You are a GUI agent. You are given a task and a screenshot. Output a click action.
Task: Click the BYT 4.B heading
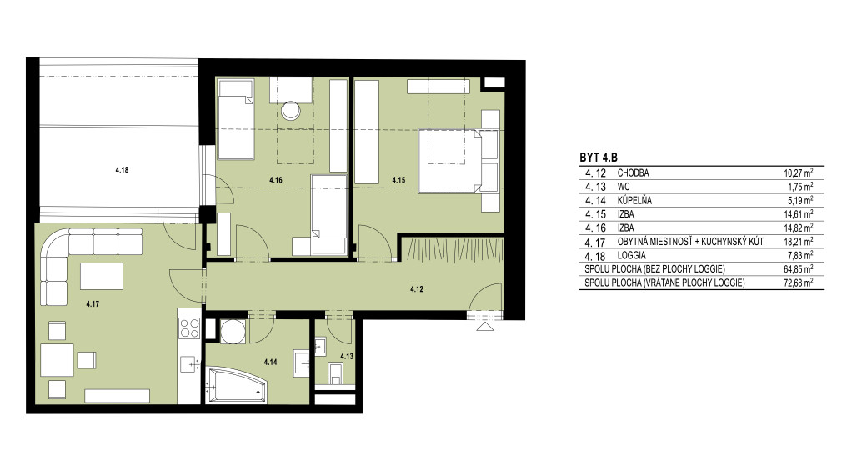[599, 157]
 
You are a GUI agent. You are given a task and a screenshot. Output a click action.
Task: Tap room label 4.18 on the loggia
[122, 170]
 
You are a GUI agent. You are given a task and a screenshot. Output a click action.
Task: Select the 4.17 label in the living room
[93, 304]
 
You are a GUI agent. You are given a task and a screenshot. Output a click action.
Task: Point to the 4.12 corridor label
[417, 289]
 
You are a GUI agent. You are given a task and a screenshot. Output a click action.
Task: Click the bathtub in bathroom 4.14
[236, 385]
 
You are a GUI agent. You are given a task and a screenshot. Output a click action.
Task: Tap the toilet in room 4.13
[335, 373]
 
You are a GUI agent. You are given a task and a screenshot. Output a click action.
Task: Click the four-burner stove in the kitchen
[189, 329]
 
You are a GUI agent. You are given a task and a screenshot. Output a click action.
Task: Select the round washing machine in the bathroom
[233, 331]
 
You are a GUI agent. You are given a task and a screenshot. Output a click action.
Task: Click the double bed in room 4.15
[459, 161]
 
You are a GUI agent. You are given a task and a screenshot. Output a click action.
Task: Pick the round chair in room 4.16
[291, 112]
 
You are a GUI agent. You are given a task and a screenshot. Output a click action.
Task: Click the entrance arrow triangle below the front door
[485, 327]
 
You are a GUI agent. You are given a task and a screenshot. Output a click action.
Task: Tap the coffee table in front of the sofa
[102, 276]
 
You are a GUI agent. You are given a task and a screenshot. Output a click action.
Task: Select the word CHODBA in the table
[633, 172]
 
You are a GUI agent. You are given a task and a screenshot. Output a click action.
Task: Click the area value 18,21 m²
[799, 242]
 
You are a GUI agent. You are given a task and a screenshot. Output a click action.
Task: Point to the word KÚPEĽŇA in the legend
[634, 201]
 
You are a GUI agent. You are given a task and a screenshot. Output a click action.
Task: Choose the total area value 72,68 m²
[799, 282]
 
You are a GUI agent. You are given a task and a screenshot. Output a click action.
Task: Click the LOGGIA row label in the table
[631, 255]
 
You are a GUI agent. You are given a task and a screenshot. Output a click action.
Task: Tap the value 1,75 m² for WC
[800, 187]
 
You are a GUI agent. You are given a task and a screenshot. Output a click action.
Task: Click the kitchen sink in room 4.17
[189, 364]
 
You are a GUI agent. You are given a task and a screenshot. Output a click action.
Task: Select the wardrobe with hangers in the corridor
[453, 248]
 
